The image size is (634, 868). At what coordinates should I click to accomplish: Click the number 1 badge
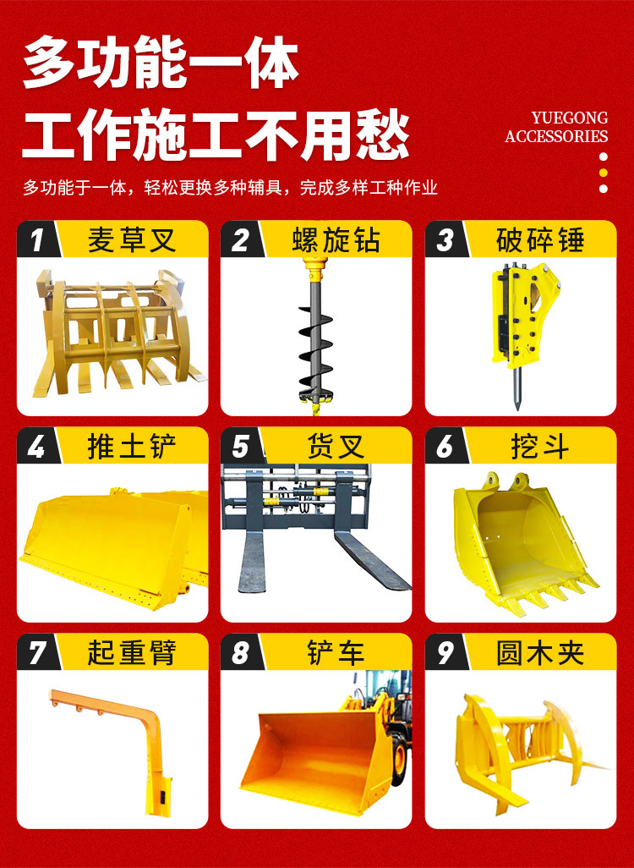[37, 239]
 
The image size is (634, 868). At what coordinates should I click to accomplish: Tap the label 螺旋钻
[336, 240]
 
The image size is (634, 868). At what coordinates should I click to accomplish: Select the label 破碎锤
[540, 240]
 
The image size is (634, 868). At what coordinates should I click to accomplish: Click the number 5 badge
[241, 446]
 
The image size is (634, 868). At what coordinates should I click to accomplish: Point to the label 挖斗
[540, 446]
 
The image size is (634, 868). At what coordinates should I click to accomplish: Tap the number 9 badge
[445, 652]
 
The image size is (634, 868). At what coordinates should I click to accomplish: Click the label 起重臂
[132, 652]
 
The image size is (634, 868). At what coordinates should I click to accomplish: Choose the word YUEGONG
[570, 118]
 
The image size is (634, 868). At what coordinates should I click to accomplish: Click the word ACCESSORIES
[556, 136]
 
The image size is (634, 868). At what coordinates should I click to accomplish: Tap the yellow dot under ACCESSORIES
[604, 173]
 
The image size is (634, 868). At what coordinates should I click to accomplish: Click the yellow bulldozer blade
[114, 548]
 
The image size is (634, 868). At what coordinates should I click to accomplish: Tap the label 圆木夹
[540, 652]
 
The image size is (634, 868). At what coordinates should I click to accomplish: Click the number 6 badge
[445, 446]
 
